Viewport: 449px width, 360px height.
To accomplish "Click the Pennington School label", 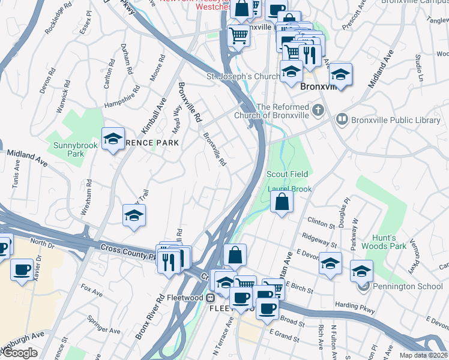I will coord(408,286).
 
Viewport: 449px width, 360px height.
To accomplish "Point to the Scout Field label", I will coord(288,174).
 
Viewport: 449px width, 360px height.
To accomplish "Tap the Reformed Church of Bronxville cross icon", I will coord(318,110).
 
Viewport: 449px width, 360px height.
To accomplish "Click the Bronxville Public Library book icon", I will coord(343,120).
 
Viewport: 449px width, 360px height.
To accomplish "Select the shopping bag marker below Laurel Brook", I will coord(281,202).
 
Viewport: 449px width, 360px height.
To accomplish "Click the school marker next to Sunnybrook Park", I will coord(113,139).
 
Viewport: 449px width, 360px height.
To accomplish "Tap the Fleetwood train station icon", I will coord(211,297).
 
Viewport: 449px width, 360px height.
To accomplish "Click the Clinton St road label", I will coord(321,224).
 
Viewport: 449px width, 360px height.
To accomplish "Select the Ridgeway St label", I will coord(320,240).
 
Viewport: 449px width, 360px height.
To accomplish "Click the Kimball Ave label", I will coord(153,117).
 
